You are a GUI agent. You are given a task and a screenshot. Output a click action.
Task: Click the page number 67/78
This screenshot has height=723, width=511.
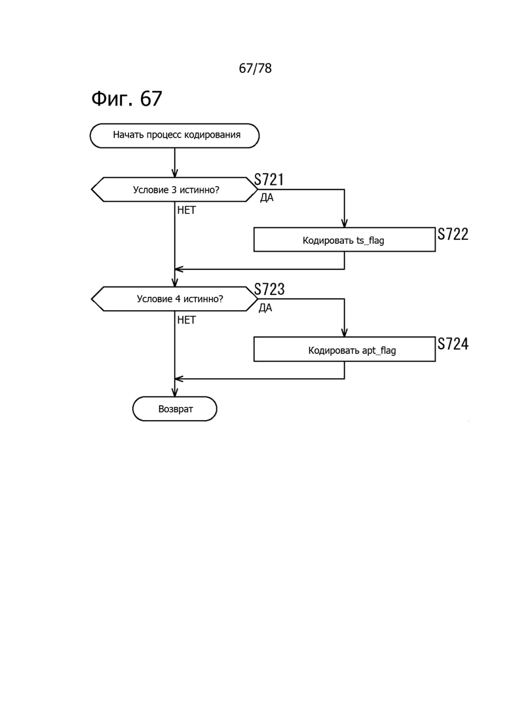[255, 68]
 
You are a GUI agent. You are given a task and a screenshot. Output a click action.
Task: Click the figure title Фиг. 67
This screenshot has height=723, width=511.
[126, 98]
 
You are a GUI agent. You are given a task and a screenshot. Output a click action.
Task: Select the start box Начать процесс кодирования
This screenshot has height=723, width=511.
[175, 136]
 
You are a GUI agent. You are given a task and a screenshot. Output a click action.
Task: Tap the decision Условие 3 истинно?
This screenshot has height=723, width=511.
[175, 189]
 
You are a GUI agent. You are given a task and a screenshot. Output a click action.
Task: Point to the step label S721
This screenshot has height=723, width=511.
[269, 180]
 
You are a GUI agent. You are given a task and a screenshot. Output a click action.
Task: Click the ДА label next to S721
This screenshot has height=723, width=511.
[267, 198]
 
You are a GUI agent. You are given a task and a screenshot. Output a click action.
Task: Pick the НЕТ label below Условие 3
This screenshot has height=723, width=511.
[187, 210]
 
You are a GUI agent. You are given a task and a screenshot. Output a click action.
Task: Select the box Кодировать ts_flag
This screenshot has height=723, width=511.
[344, 240]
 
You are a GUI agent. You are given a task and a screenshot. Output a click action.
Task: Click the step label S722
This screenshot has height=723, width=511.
[453, 234]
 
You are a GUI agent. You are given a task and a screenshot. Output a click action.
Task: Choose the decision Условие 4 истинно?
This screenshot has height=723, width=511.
[175, 299]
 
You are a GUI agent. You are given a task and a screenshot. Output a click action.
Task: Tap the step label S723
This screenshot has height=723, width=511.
[269, 289]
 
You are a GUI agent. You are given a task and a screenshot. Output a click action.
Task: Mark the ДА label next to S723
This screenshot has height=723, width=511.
[265, 307]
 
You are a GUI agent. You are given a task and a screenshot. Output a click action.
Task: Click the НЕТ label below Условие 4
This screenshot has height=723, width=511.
[187, 320]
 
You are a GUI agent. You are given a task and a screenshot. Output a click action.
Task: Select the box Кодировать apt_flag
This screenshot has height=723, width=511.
[344, 349]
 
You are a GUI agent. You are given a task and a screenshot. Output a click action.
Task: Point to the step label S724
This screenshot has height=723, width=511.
[453, 344]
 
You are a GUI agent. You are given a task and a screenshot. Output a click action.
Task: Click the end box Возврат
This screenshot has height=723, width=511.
[175, 409]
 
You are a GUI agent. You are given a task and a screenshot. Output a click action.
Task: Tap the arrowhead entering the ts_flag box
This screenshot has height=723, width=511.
[344, 223]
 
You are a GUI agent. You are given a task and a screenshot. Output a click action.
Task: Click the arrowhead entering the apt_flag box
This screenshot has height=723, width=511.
[344, 332]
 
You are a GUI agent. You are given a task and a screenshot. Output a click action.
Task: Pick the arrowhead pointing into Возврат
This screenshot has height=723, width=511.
[175, 393]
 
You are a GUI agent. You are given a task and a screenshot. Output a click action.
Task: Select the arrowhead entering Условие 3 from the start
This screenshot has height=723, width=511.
[175, 173]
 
